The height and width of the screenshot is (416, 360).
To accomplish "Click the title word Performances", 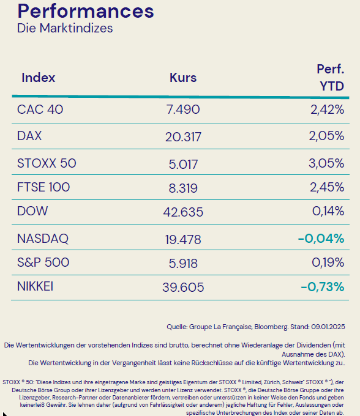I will pos(85,12).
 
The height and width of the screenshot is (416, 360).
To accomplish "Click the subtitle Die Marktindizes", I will pos(65,28).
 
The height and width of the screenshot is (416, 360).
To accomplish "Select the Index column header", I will pos(39,78).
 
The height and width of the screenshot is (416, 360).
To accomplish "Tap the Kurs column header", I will pos(183,78).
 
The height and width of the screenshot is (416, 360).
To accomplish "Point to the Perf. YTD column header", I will pos(331,78).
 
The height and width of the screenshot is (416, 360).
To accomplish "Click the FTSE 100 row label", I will pos(44,187).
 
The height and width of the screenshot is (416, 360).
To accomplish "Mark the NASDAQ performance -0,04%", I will pos(321,238).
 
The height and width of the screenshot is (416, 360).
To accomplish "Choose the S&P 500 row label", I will pos(43,262).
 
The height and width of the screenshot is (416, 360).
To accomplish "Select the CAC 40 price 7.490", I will pos(183,110).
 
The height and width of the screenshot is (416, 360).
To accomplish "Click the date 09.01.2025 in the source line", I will pos(328,327).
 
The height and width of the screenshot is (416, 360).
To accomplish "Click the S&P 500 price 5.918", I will pos(183,263).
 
